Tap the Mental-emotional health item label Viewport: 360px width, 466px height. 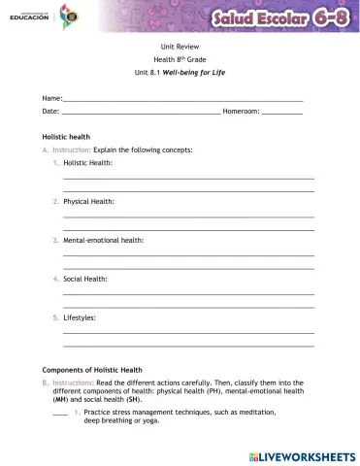tap(104, 240)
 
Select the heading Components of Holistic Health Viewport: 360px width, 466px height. tap(92, 370)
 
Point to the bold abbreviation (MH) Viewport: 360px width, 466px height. tap(60, 399)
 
